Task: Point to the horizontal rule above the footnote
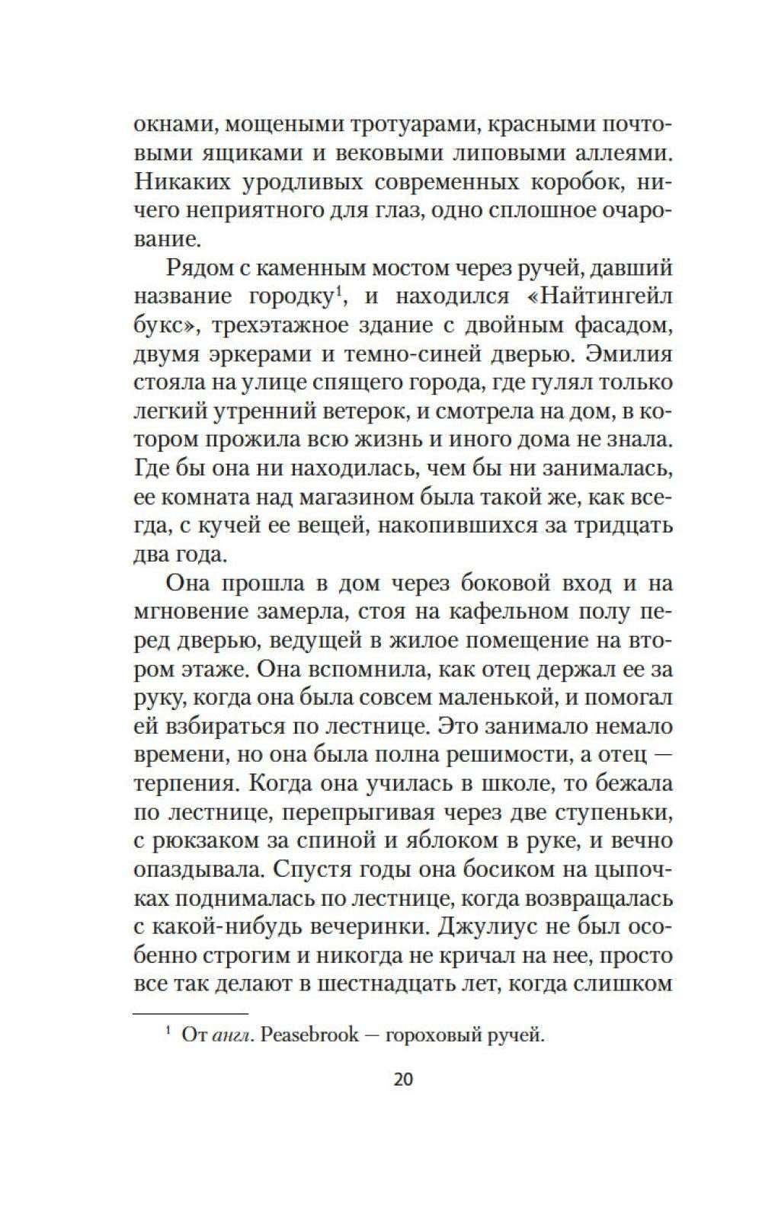click(x=190, y=1014)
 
